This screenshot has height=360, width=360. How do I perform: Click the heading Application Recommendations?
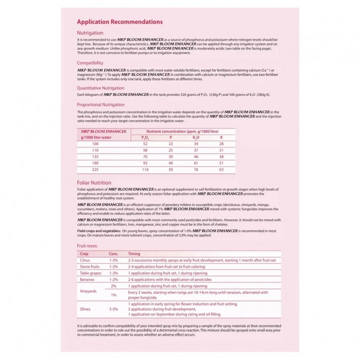[x=120, y=22]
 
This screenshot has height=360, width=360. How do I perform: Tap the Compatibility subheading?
[x=90, y=63]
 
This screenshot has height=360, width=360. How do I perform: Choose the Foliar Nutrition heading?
[x=94, y=182]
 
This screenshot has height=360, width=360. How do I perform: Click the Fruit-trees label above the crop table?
[x=87, y=246]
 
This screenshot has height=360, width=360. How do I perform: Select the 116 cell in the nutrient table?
[x=145, y=169]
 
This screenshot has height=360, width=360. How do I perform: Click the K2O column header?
[x=196, y=137]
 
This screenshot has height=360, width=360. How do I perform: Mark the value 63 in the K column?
[x=221, y=169]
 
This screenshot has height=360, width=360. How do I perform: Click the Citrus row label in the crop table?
[x=85, y=260]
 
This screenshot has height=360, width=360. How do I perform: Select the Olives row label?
[x=85, y=308]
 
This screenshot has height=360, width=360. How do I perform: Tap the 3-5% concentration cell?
[x=114, y=308]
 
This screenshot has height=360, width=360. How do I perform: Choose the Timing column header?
[x=134, y=253]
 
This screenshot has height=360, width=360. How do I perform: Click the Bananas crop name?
[x=87, y=279]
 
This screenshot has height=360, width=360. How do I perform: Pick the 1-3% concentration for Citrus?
[x=114, y=260]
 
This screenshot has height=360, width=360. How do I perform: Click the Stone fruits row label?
[x=90, y=266]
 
